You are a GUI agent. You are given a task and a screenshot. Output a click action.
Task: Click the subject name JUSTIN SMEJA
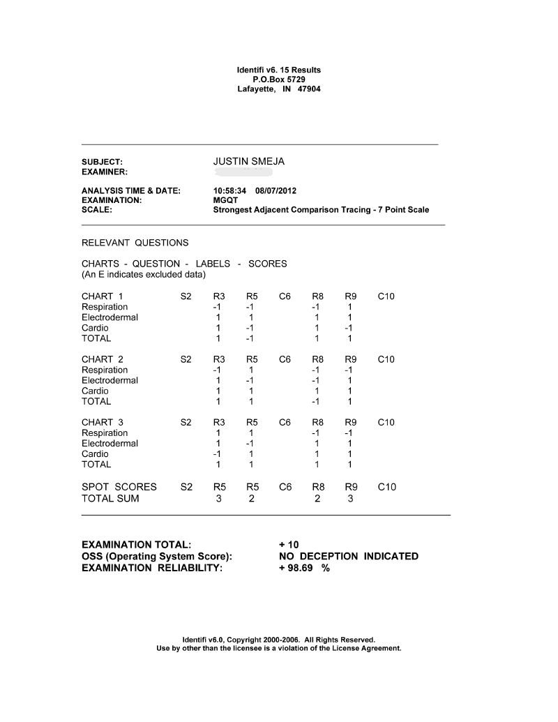248,162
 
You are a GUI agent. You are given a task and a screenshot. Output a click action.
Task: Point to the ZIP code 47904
309,89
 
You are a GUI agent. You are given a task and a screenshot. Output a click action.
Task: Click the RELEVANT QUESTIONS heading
135,243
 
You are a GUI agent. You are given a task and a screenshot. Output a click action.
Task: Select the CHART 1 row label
102,296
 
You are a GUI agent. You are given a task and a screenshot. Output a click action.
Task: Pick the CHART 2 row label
102,359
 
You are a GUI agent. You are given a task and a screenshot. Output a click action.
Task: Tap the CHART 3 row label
102,422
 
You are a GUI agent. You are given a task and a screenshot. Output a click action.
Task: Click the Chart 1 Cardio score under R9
349,328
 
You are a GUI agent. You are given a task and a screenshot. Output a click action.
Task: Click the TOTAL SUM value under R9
349,499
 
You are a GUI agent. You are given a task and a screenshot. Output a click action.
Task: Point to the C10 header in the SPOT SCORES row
386,487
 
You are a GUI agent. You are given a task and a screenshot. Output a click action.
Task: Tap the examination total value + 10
289,544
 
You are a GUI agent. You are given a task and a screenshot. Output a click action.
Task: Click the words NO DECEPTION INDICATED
348,556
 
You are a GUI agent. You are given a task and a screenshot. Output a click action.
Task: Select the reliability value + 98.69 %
304,568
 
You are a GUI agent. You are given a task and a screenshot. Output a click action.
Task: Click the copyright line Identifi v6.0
278,639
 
